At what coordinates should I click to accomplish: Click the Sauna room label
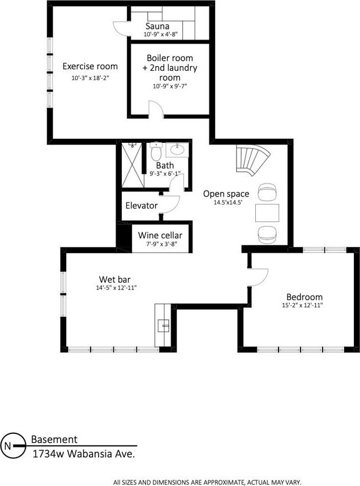[157, 26]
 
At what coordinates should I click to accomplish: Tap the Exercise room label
[90, 66]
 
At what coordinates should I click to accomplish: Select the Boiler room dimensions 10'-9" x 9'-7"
[170, 86]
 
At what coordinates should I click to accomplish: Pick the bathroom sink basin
[177, 150]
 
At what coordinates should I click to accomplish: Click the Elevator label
[142, 206]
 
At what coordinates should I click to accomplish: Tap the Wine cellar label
[160, 235]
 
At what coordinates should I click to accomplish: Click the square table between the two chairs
[267, 213]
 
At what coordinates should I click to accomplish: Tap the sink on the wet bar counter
[163, 326]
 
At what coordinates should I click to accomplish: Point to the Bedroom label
[305, 297]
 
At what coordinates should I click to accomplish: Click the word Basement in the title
[54, 439]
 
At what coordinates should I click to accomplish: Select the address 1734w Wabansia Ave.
[84, 454]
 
